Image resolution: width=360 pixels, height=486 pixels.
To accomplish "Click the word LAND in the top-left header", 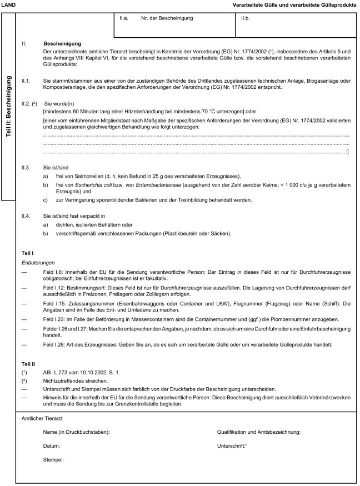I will pyautogui.click(x=9, y=4).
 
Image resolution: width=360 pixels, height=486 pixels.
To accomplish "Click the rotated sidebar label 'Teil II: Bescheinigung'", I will pyautogui.click(x=9, y=106).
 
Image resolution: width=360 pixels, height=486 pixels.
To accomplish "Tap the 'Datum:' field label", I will pyautogui.click(x=52, y=445).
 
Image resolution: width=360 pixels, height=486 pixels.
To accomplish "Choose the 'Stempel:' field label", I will pyautogui.click(x=54, y=459).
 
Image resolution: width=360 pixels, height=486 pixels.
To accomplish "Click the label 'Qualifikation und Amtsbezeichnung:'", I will pyautogui.click(x=259, y=432).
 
